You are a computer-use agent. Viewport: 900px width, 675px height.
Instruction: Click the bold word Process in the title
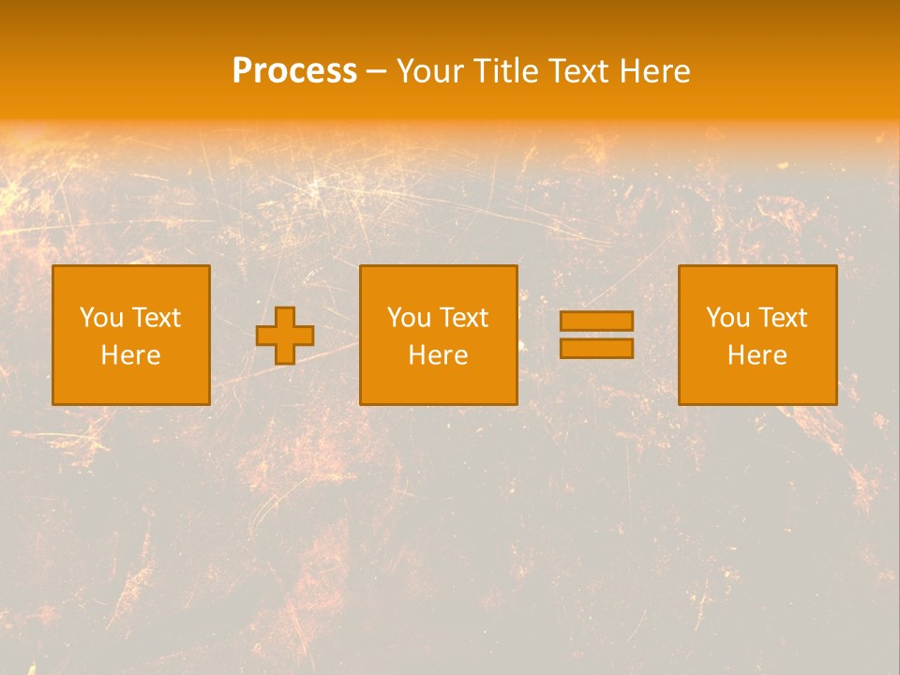point(294,71)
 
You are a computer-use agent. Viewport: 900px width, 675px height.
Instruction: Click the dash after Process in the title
point(376,72)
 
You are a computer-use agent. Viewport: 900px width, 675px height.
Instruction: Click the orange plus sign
point(285,336)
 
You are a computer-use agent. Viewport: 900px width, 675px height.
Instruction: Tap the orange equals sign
point(596,335)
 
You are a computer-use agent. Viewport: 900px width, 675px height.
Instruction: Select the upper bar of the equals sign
point(596,322)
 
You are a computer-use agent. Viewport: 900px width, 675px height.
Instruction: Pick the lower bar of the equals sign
point(596,348)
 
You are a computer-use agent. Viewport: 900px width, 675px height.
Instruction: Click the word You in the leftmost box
point(101,318)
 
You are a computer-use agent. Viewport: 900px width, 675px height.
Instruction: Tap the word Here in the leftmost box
point(131,355)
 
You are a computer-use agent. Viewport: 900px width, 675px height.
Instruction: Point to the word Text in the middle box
point(464,318)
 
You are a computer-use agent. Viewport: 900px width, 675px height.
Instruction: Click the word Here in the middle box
point(438,355)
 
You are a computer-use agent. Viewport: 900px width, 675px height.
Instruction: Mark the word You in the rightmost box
point(727,318)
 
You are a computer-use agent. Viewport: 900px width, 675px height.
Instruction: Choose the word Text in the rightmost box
point(783,318)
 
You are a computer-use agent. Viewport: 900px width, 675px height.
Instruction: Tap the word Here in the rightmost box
point(757,355)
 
